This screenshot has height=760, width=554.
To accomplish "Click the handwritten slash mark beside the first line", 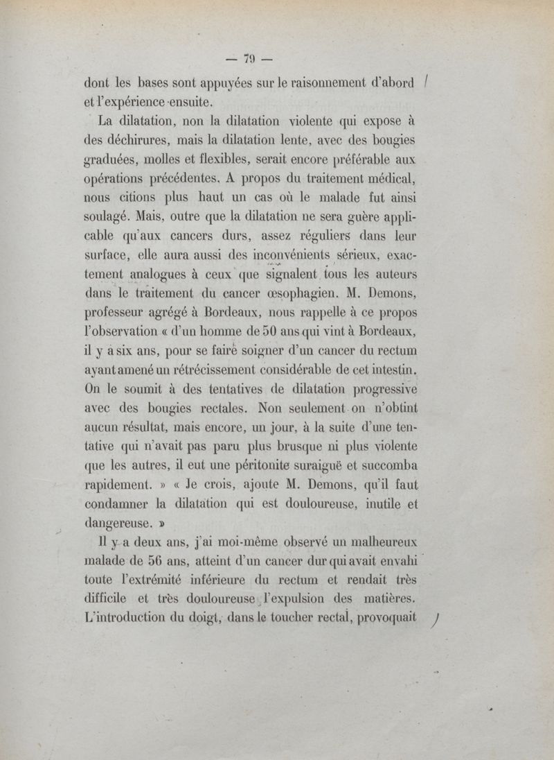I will click(x=431, y=83).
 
